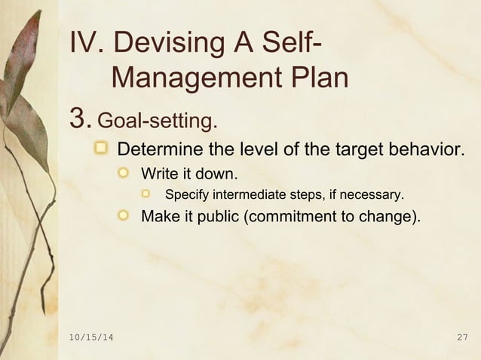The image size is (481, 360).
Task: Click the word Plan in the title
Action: (x=317, y=78)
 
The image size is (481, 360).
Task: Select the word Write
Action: (x=160, y=175)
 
